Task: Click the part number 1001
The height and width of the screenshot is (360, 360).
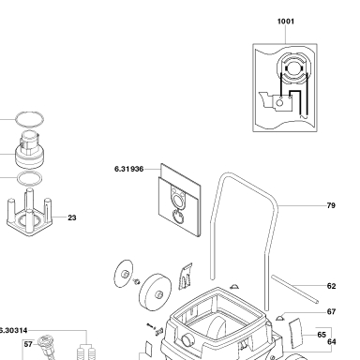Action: (x=286, y=22)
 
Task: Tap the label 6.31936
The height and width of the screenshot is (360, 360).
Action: (x=129, y=169)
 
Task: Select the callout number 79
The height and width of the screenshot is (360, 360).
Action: (x=331, y=205)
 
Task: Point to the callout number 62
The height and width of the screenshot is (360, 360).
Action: (x=331, y=286)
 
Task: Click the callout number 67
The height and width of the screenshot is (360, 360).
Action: (x=331, y=311)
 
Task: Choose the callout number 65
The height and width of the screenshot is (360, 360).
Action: (x=322, y=335)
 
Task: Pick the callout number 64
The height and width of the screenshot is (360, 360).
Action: (x=332, y=342)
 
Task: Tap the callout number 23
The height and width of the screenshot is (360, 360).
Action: (x=72, y=217)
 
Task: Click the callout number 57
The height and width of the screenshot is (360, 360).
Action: (x=28, y=344)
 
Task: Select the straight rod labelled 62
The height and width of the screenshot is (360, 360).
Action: (x=294, y=289)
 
